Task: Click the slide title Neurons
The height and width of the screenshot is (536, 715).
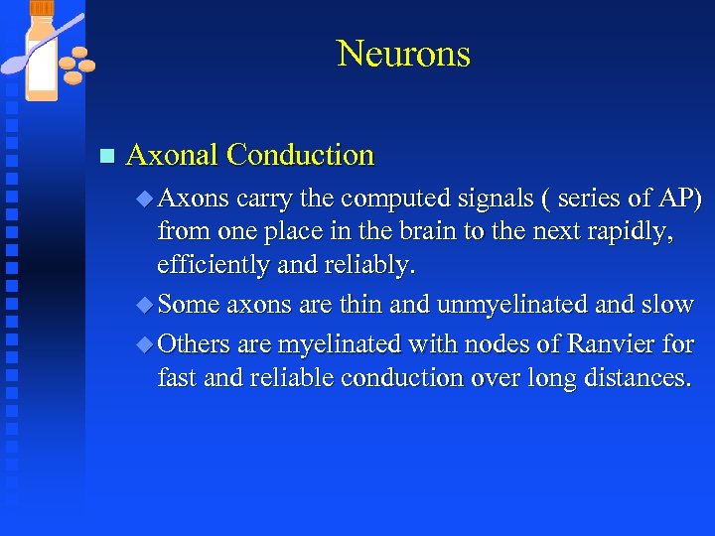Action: click(403, 54)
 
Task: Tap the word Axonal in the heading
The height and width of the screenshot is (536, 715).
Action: click(173, 155)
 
